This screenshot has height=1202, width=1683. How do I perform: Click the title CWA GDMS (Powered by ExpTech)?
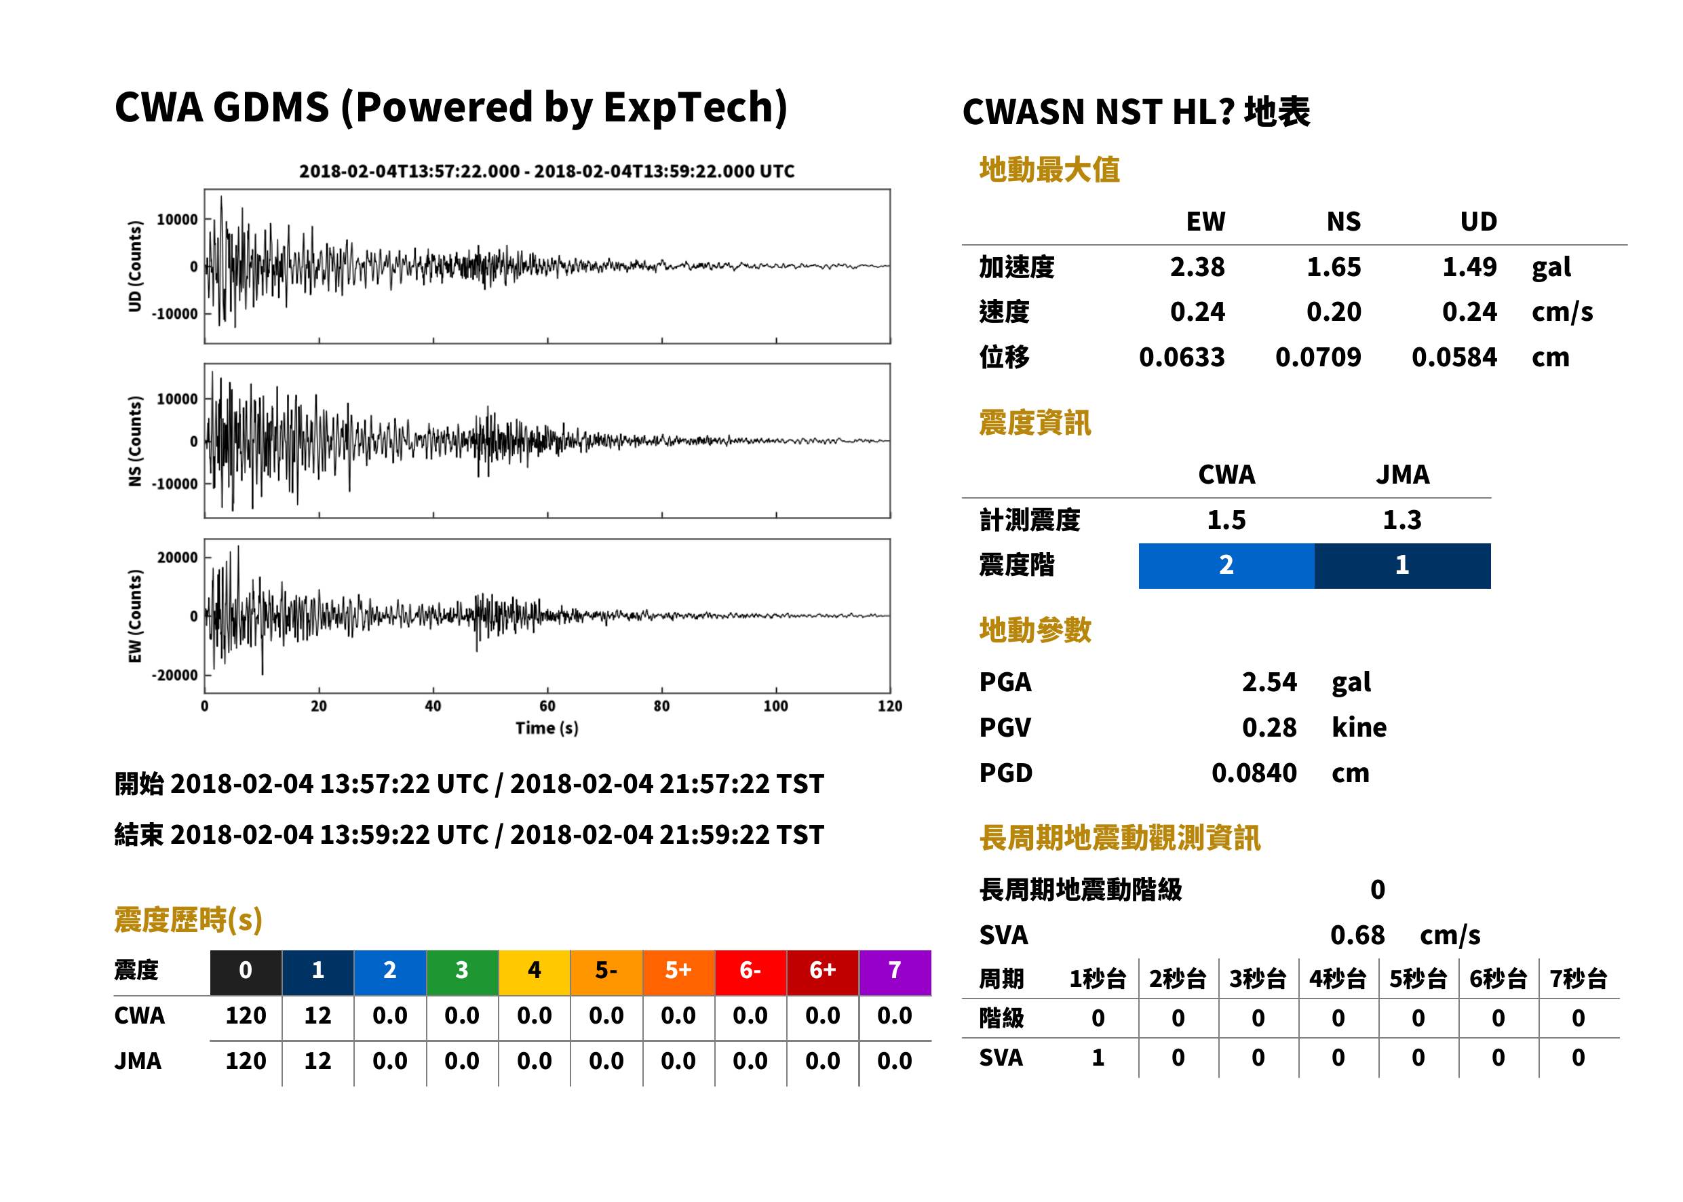pyautogui.click(x=450, y=107)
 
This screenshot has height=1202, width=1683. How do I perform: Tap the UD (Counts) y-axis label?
pyautogui.click(x=135, y=266)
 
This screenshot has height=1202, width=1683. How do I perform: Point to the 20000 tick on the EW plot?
pyautogui.click(x=177, y=558)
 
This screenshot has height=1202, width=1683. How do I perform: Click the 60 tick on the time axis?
pyautogui.click(x=547, y=706)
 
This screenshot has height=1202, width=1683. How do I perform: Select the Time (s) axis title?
pyautogui.click(x=547, y=729)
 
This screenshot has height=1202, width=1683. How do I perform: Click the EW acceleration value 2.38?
pyautogui.click(x=1197, y=267)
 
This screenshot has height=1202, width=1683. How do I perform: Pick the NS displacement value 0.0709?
pyautogui.click(x=1318, y=357)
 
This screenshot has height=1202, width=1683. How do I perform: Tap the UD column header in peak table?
pyautogui.click(x=1478, y=221)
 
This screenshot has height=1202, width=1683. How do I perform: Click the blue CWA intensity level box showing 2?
pyautogui.click(x=1226, y=566)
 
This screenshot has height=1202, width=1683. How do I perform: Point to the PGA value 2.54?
pyautogui.click(x=1269, y=682)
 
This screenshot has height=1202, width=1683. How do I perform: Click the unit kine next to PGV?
pyautogui.click(x=1359, y=728)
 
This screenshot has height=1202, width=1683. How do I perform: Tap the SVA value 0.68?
pyautogui.click(x=1357, y=935)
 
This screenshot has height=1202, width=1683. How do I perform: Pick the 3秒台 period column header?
pyautogui.click(x=1258, y=980)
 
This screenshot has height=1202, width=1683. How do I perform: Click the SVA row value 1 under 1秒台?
pyautogui.click(x=1098, y=1058)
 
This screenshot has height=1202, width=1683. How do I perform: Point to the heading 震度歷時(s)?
pyautogui.click(x=189, y=920)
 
